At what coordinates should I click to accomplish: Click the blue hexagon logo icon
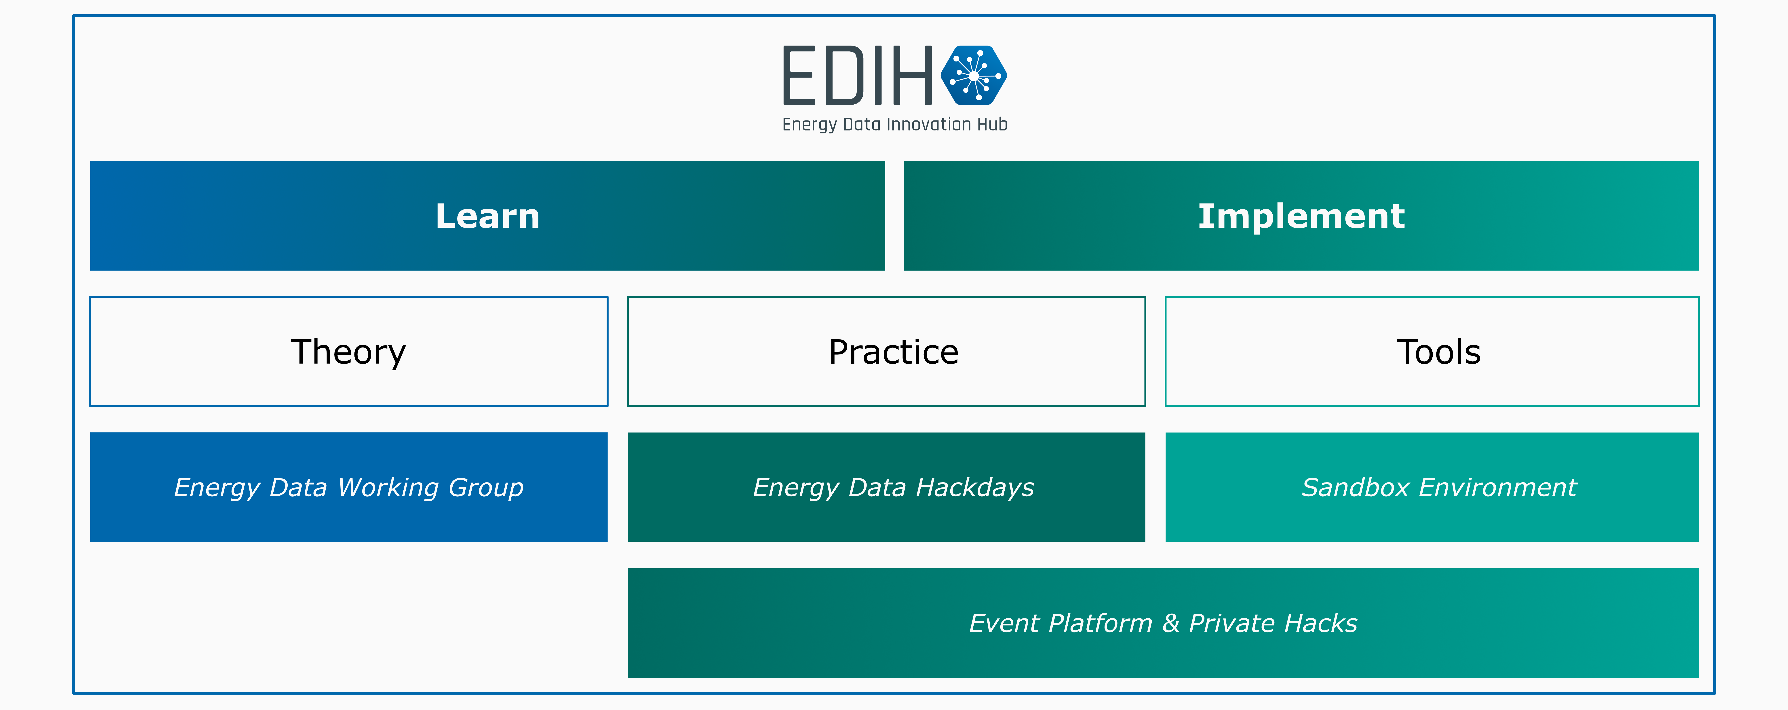[974, 75]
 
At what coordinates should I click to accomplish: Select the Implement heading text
[1301, 217]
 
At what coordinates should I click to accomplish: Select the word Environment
[1498, 487]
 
